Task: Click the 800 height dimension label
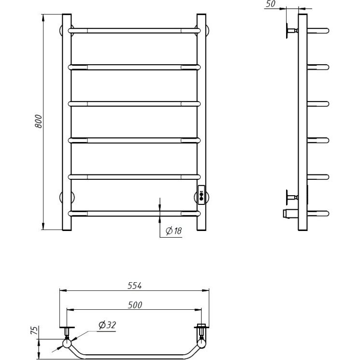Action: click(x=38, y=121)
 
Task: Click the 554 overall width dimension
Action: click(x=134, y=286)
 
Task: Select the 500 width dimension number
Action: click(x=135, y=305)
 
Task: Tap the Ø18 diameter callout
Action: click(x=173, y=230)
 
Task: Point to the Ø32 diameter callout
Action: click(x=107, y=325)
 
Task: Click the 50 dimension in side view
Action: click(x=271, y=4)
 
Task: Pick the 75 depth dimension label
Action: click(x=35, y=330)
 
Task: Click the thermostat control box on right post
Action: click(x=202, y=195)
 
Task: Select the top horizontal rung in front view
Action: click(x=134, y=30)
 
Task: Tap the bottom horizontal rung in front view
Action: click(x=134, y=214)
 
